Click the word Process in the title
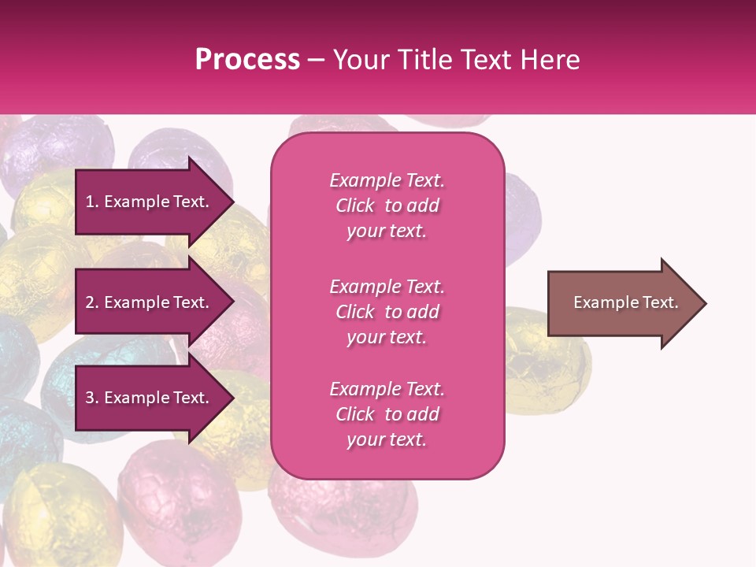247,60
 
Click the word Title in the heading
427,60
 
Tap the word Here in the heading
547,60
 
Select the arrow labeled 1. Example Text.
147,202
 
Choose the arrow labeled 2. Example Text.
147,302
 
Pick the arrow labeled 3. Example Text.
147,398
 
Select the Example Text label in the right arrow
625,302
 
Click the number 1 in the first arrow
90,202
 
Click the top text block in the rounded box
387,206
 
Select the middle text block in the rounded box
387,312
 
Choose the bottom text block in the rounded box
387,414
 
